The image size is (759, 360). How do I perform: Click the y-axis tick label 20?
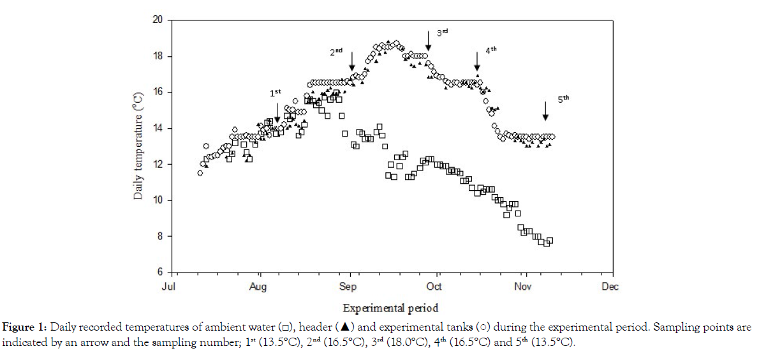click(158, 20)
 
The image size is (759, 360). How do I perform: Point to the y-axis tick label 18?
click(158, 56)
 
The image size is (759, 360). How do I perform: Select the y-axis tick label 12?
click(158, 165)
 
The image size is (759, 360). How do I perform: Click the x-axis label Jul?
click(169, 287)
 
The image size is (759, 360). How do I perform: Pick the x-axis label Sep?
click(349, 287)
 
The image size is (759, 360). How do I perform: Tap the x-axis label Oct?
click(435, 287)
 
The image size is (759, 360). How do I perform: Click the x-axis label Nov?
click(523, 287)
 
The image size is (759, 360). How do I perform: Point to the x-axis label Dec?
click(610, 287)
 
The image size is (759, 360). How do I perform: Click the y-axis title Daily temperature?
click(138, 146)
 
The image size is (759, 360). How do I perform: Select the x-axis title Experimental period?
click(390, 308)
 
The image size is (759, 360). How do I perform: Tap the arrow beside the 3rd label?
click(429, 41)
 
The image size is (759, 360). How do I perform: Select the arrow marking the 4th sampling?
click(477, 61)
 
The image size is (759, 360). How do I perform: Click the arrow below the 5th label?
click(545, 110)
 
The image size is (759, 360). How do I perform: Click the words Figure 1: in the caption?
click(23, 327)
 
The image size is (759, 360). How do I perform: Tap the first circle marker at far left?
click(200, 172)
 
